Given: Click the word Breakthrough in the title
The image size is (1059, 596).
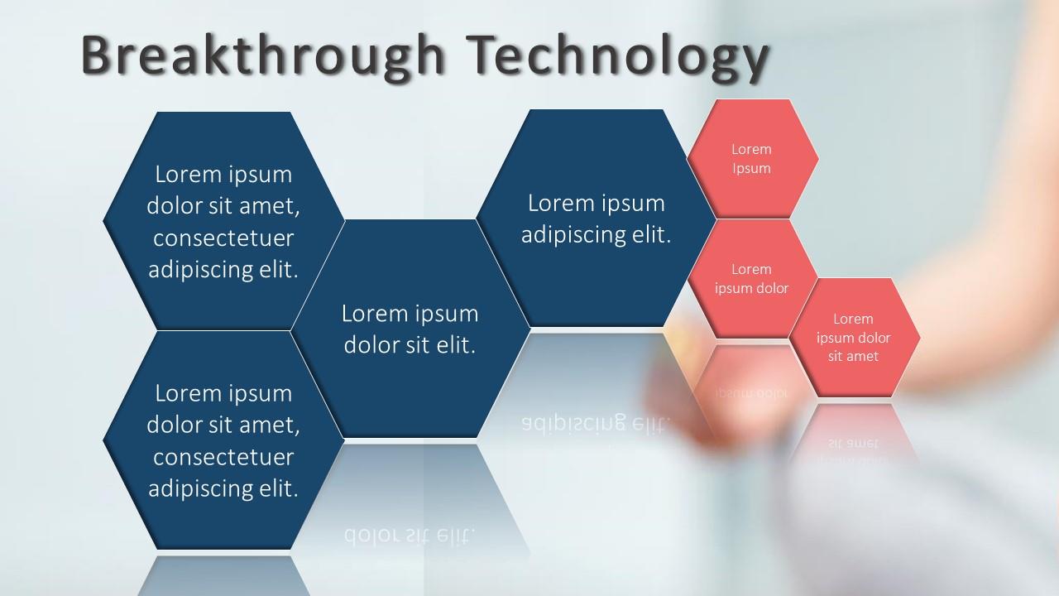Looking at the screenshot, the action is click(x=263, y=55).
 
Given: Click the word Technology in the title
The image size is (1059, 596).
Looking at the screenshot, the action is click(x=617, y=57).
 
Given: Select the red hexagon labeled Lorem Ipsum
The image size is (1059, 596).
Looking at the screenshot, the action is click(x=753, y=159).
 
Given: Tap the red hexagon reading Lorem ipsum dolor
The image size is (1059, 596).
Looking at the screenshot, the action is click(x=752, y=279).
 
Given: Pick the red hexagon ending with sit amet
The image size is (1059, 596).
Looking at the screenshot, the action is click(x=855, y=337).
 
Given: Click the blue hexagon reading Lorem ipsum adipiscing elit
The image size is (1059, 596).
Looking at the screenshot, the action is click(x=597, y=218).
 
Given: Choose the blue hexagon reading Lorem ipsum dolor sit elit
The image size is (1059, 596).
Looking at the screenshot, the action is click(x=410, y=329).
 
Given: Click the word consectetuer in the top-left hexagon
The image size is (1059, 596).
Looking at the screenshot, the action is click(x=223, y=238).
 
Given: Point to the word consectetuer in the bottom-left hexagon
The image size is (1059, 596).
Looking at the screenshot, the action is click(x=223, y=457).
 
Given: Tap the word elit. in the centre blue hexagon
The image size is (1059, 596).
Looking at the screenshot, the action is click(x=456, y=344).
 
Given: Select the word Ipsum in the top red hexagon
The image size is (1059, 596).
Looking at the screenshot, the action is click(x=752, y=168).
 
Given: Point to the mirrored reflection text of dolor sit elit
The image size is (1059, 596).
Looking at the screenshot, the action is click(x=410, y=536).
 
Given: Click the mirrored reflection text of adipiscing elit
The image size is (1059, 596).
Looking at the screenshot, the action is click(x=596, y=423).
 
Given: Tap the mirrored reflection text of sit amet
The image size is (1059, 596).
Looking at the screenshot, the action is click(x=853, y=444).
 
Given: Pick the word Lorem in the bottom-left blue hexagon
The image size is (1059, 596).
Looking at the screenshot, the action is click(x=187, y=394).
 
